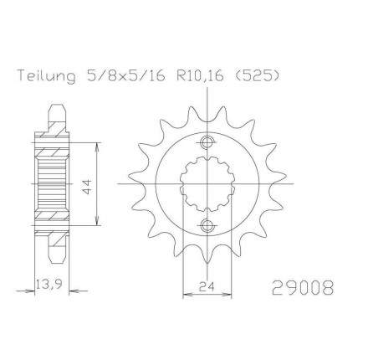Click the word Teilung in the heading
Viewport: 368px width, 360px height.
pos(47,76)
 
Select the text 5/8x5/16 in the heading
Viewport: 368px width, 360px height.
pos(126,76)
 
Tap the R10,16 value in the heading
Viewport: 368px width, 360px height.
pos(200,76)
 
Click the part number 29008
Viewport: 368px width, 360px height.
pos(303,287)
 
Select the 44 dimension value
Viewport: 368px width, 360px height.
pos(87,187)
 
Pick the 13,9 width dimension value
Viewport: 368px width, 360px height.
pos(49,285)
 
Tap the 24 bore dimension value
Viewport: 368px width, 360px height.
pos(207,286)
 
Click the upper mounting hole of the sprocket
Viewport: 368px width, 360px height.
pos(207,142)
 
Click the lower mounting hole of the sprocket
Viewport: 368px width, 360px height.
pos(207,225)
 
